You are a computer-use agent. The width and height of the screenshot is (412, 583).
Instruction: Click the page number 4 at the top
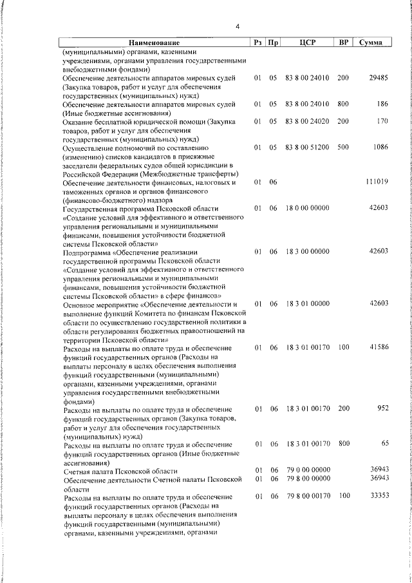click(x=238, y=26)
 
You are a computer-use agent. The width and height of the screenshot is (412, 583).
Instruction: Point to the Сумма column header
click(x=371, y=43)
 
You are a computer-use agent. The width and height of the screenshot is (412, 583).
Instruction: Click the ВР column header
click(x=344, y=43)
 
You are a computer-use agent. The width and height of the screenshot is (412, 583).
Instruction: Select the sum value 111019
click(x=376, y=182)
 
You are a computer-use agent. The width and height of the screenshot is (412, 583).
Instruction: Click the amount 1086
click(x=380, y=148)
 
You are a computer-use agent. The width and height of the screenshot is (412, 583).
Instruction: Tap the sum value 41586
click(x=378, y=348)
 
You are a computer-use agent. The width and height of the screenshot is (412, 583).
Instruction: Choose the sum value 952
click(x=382, y=409)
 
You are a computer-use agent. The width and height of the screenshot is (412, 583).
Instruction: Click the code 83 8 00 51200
click(x=307, y=148)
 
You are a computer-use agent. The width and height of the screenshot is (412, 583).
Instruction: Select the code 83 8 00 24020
click(x=307, y=121)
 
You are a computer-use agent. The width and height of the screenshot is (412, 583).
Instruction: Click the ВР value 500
click(x=342, y=148)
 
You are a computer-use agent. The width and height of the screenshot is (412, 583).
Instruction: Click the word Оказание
click(x=78, y=121)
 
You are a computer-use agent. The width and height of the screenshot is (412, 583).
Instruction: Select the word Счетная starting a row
click(x=77, y=470)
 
